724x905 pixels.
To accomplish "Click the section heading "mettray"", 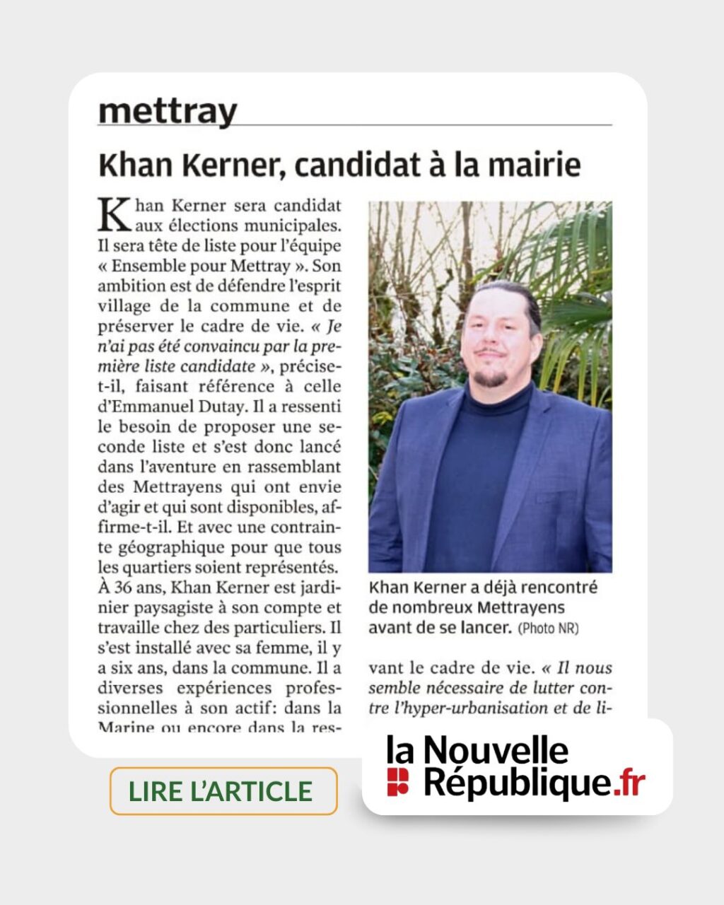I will [x=168, y=112].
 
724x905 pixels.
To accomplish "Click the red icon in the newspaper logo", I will [x=397, y=781].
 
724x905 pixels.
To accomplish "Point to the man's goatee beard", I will [x=489, y=378].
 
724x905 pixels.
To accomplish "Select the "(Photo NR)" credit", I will [x=548, y=628].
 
